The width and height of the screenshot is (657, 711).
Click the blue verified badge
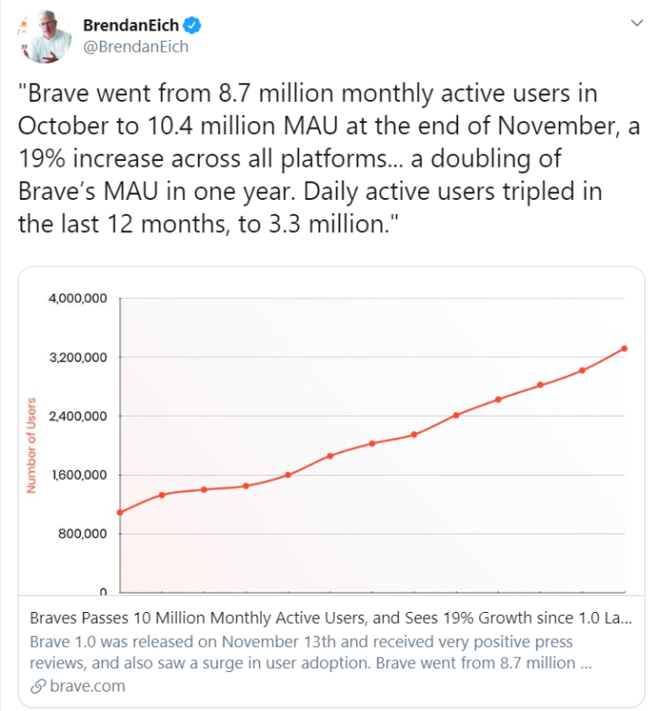[192, 25]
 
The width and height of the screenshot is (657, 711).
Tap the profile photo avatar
[44, 36]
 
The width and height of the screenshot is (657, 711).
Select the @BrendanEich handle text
[136, 46]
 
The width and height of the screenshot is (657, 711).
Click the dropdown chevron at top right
[637, 22]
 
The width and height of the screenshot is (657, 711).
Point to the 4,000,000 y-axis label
[78, 298]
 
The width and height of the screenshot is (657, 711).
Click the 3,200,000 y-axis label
[78, 357]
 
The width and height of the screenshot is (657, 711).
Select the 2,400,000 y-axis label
[78, 416]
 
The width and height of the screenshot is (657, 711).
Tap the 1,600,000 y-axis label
[79, 475]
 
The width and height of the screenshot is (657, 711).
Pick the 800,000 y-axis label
[82, 533]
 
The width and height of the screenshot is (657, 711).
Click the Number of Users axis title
[31, 445]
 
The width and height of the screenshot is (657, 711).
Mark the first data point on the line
[120, 512]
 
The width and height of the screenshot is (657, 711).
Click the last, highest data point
[625, 348]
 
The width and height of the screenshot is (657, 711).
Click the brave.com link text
[88, 686]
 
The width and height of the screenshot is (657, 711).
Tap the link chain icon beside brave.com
[38, 687]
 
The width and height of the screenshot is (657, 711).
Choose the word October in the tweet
[63, 126]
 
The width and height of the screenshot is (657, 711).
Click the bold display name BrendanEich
[131, 25]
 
